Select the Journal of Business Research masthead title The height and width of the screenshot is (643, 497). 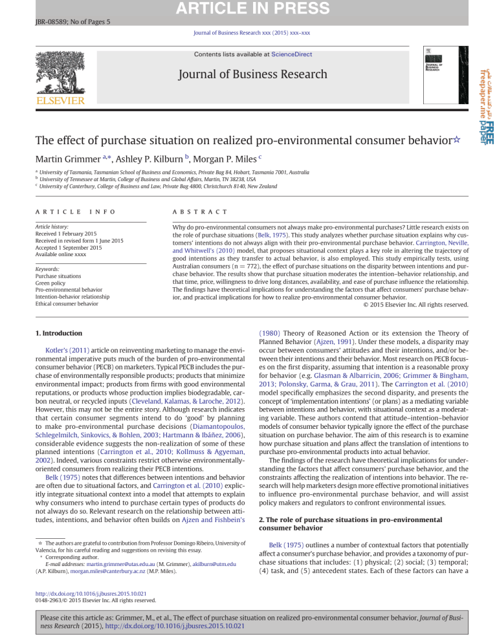tap(248, 74)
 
